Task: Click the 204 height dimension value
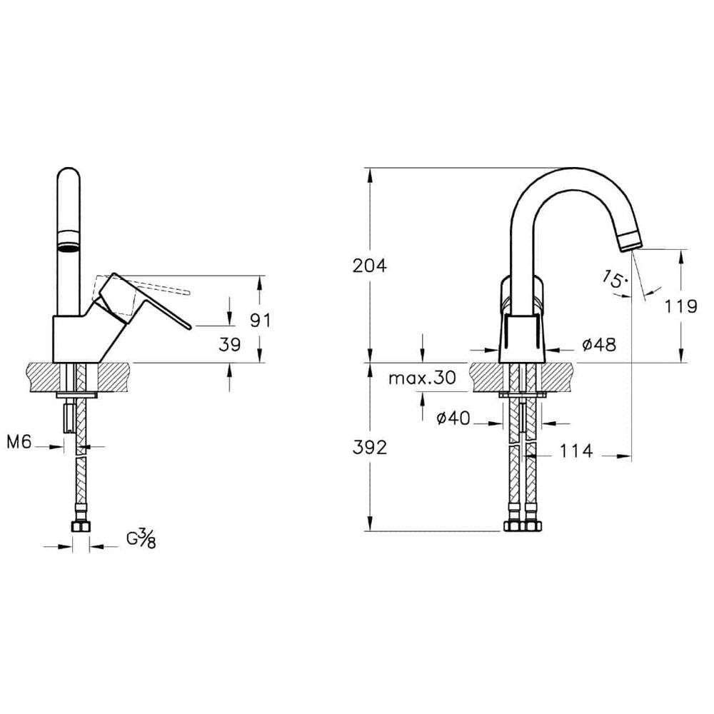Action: pos(370,266)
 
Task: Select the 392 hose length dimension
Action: pos(370,448)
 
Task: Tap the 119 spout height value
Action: pos(680,306)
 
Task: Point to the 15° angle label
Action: pos(613,278)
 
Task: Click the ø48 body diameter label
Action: pos(598,344)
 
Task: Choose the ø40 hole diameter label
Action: pos(453,418)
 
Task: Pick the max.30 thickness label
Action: pos(422,378)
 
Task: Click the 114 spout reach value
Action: pos(576,451)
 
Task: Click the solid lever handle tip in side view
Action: pos(187,326)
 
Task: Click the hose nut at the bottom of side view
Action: pos(80,527)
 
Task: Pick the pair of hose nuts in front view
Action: pos(523,526)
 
